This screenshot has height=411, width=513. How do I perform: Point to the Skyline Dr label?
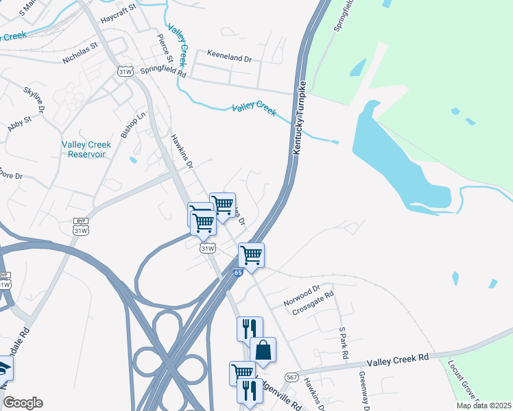34,99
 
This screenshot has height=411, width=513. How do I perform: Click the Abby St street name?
19,123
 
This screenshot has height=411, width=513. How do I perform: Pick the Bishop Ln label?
134,125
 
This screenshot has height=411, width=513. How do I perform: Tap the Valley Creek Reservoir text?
86,149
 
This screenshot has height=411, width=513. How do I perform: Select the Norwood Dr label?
302,295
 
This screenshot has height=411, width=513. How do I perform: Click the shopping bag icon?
263,350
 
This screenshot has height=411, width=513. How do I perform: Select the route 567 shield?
291,377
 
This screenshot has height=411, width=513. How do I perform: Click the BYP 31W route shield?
81,227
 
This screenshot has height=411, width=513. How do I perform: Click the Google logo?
22,403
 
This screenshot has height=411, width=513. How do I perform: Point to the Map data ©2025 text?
484,406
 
